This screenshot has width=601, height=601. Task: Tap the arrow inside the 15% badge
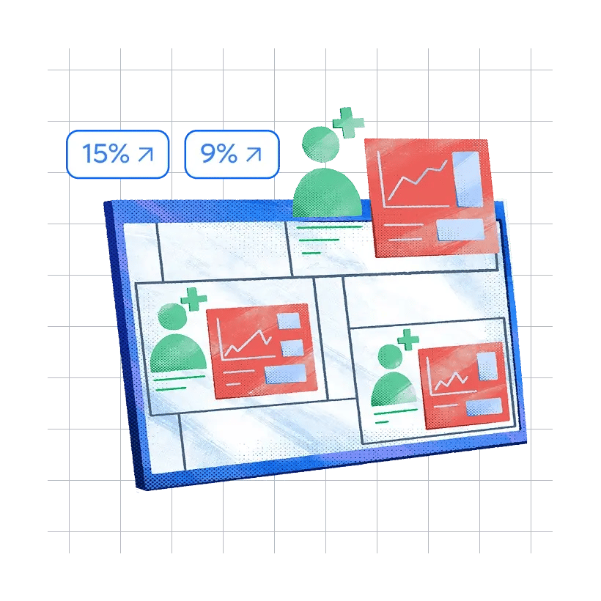click(x=146, y=154)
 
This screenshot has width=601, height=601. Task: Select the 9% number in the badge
click(x=218, y=154)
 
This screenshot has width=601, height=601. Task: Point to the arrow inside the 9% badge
click(x=254, y=154)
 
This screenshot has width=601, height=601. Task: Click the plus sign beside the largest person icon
click(x=348, y=123)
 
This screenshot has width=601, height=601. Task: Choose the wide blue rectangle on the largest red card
click(x=460, y=229)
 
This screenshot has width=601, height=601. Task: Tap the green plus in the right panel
click(x=408, y=340)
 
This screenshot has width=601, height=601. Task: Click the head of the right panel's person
click(x=391, y=358)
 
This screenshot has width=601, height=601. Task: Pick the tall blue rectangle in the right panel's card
click(x=486, y=366)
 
